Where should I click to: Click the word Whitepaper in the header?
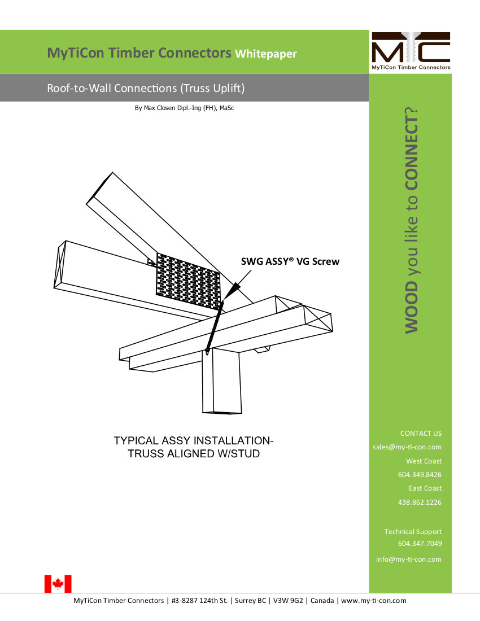[x=265, y=54]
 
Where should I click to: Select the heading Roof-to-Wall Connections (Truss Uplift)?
[x=146, y=88]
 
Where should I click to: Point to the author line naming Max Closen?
[x=184, y=107]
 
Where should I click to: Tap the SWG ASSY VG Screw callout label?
[x=290, y=261]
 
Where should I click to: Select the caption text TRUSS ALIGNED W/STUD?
[x=193, y=453]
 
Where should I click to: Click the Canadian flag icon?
[x=58, y=583]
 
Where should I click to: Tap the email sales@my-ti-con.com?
[x=407, y=447]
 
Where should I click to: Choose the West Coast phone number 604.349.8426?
[x=420, y=475]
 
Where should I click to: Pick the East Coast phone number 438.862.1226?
[x=420, y=502]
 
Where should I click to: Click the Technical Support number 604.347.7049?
[x=420, y=544]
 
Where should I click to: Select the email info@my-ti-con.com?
[x=408, y=559]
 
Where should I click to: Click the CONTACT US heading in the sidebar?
[x=421, y=434]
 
